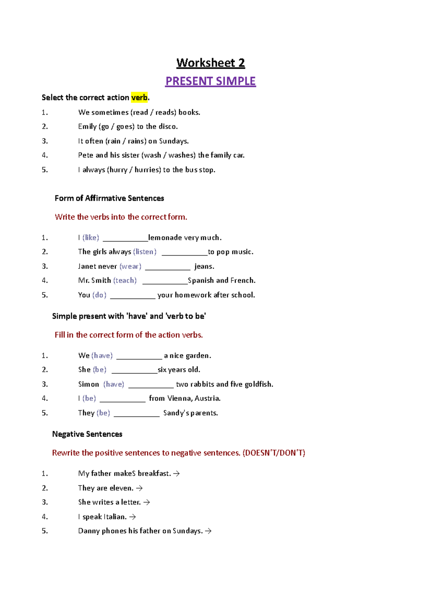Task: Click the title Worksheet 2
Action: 210,63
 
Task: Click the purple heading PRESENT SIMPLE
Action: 210,81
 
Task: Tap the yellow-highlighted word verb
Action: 139,97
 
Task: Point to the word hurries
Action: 147,170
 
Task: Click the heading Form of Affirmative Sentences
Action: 109,198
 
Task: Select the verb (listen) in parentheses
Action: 145,252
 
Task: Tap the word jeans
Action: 204,267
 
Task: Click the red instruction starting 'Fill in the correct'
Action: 129,335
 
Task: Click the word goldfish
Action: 259,384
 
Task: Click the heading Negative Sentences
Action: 87,434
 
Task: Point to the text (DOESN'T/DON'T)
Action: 274,453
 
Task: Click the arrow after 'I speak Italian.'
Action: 133,517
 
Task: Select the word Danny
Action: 89,531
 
